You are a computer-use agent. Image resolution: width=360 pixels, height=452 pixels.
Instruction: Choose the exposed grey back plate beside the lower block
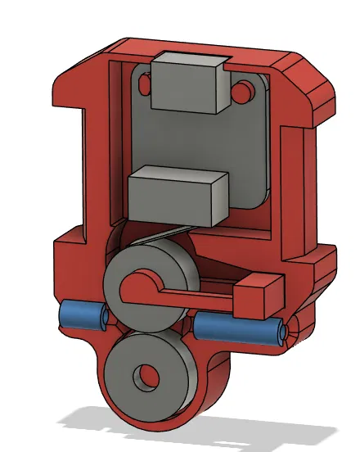[x=245, y=164]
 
